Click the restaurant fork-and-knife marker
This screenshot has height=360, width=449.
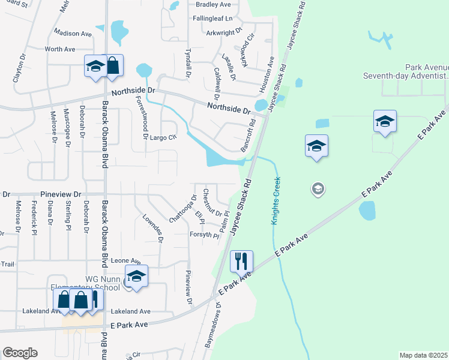click(241, 261)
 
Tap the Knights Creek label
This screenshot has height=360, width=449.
click(276, 201)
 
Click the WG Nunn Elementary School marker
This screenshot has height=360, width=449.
click(137, 276)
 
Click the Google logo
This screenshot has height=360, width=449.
click(20, 353)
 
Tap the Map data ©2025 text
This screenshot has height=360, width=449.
click(423, 355)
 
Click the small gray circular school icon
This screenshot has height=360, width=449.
click(318, 190)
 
